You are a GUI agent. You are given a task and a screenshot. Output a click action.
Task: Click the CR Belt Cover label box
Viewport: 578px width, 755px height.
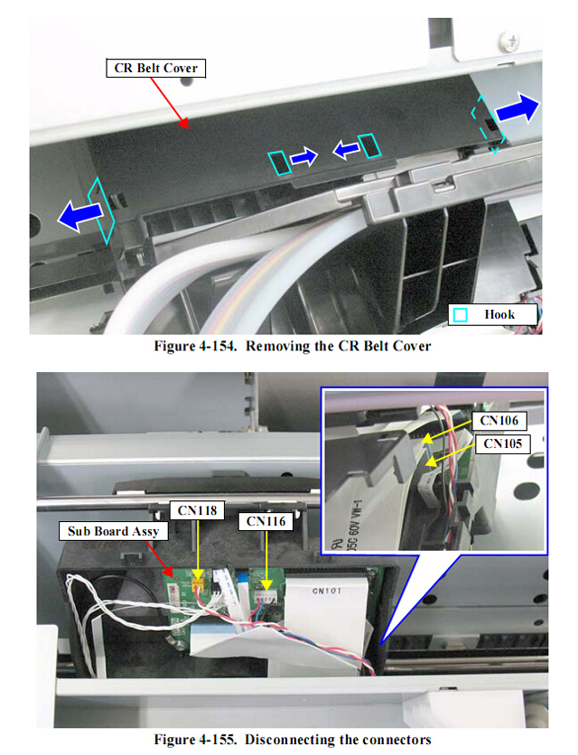point(155,69)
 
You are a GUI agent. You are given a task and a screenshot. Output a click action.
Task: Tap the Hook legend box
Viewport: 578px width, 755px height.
point(493,315)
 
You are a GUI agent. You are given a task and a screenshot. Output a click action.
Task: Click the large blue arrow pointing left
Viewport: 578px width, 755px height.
point(80,215)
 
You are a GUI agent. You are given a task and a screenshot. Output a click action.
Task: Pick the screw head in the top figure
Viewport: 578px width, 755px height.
point(509,41)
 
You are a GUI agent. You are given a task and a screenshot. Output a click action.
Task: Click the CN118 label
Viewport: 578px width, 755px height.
point(197,510)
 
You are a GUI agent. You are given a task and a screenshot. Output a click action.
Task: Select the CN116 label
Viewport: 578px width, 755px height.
point(266,521)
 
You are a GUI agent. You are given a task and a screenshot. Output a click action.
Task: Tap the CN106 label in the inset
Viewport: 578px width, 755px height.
point(499,421)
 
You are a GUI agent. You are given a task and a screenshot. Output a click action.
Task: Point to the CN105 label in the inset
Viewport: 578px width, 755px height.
point(502,443)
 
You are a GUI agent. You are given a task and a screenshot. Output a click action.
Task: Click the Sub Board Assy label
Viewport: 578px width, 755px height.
point(113,531)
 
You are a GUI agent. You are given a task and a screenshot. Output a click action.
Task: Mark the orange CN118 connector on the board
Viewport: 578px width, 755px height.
point(198,584)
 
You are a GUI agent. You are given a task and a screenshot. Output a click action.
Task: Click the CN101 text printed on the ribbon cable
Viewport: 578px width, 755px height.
point(327,591)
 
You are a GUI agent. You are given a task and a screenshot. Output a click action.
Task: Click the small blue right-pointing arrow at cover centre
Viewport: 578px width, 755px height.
point(304,157)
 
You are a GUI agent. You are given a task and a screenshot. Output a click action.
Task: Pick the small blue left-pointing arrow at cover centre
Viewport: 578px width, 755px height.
point(346,150)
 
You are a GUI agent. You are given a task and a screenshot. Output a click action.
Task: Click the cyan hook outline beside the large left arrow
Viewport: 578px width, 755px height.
point(101,210)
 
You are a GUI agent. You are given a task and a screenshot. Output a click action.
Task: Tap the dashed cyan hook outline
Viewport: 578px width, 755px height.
point(488,125)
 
